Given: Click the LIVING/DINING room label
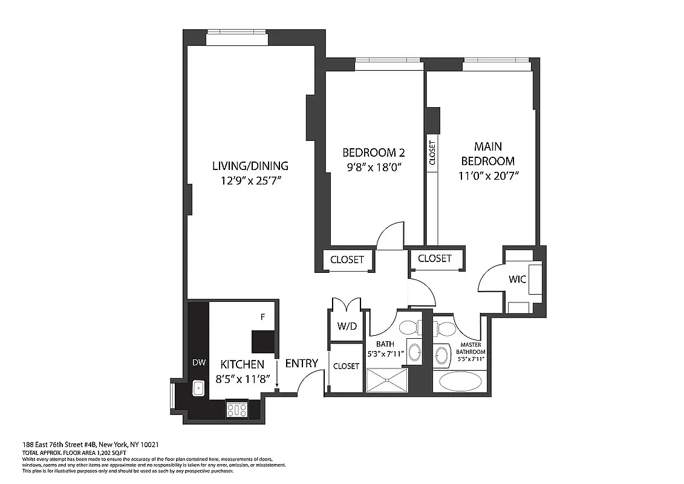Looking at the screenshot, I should (250, 166).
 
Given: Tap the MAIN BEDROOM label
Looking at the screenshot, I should (487, 154).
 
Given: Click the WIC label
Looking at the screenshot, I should (518, 280).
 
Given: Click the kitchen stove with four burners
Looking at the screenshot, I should (236, 410).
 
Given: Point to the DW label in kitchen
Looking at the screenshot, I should (199, 363).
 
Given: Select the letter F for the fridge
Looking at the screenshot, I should (262, 316).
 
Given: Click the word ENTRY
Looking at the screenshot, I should (301, 363).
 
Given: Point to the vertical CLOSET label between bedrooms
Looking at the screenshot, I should (432, 153).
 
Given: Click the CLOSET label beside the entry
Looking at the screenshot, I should (346, 366).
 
